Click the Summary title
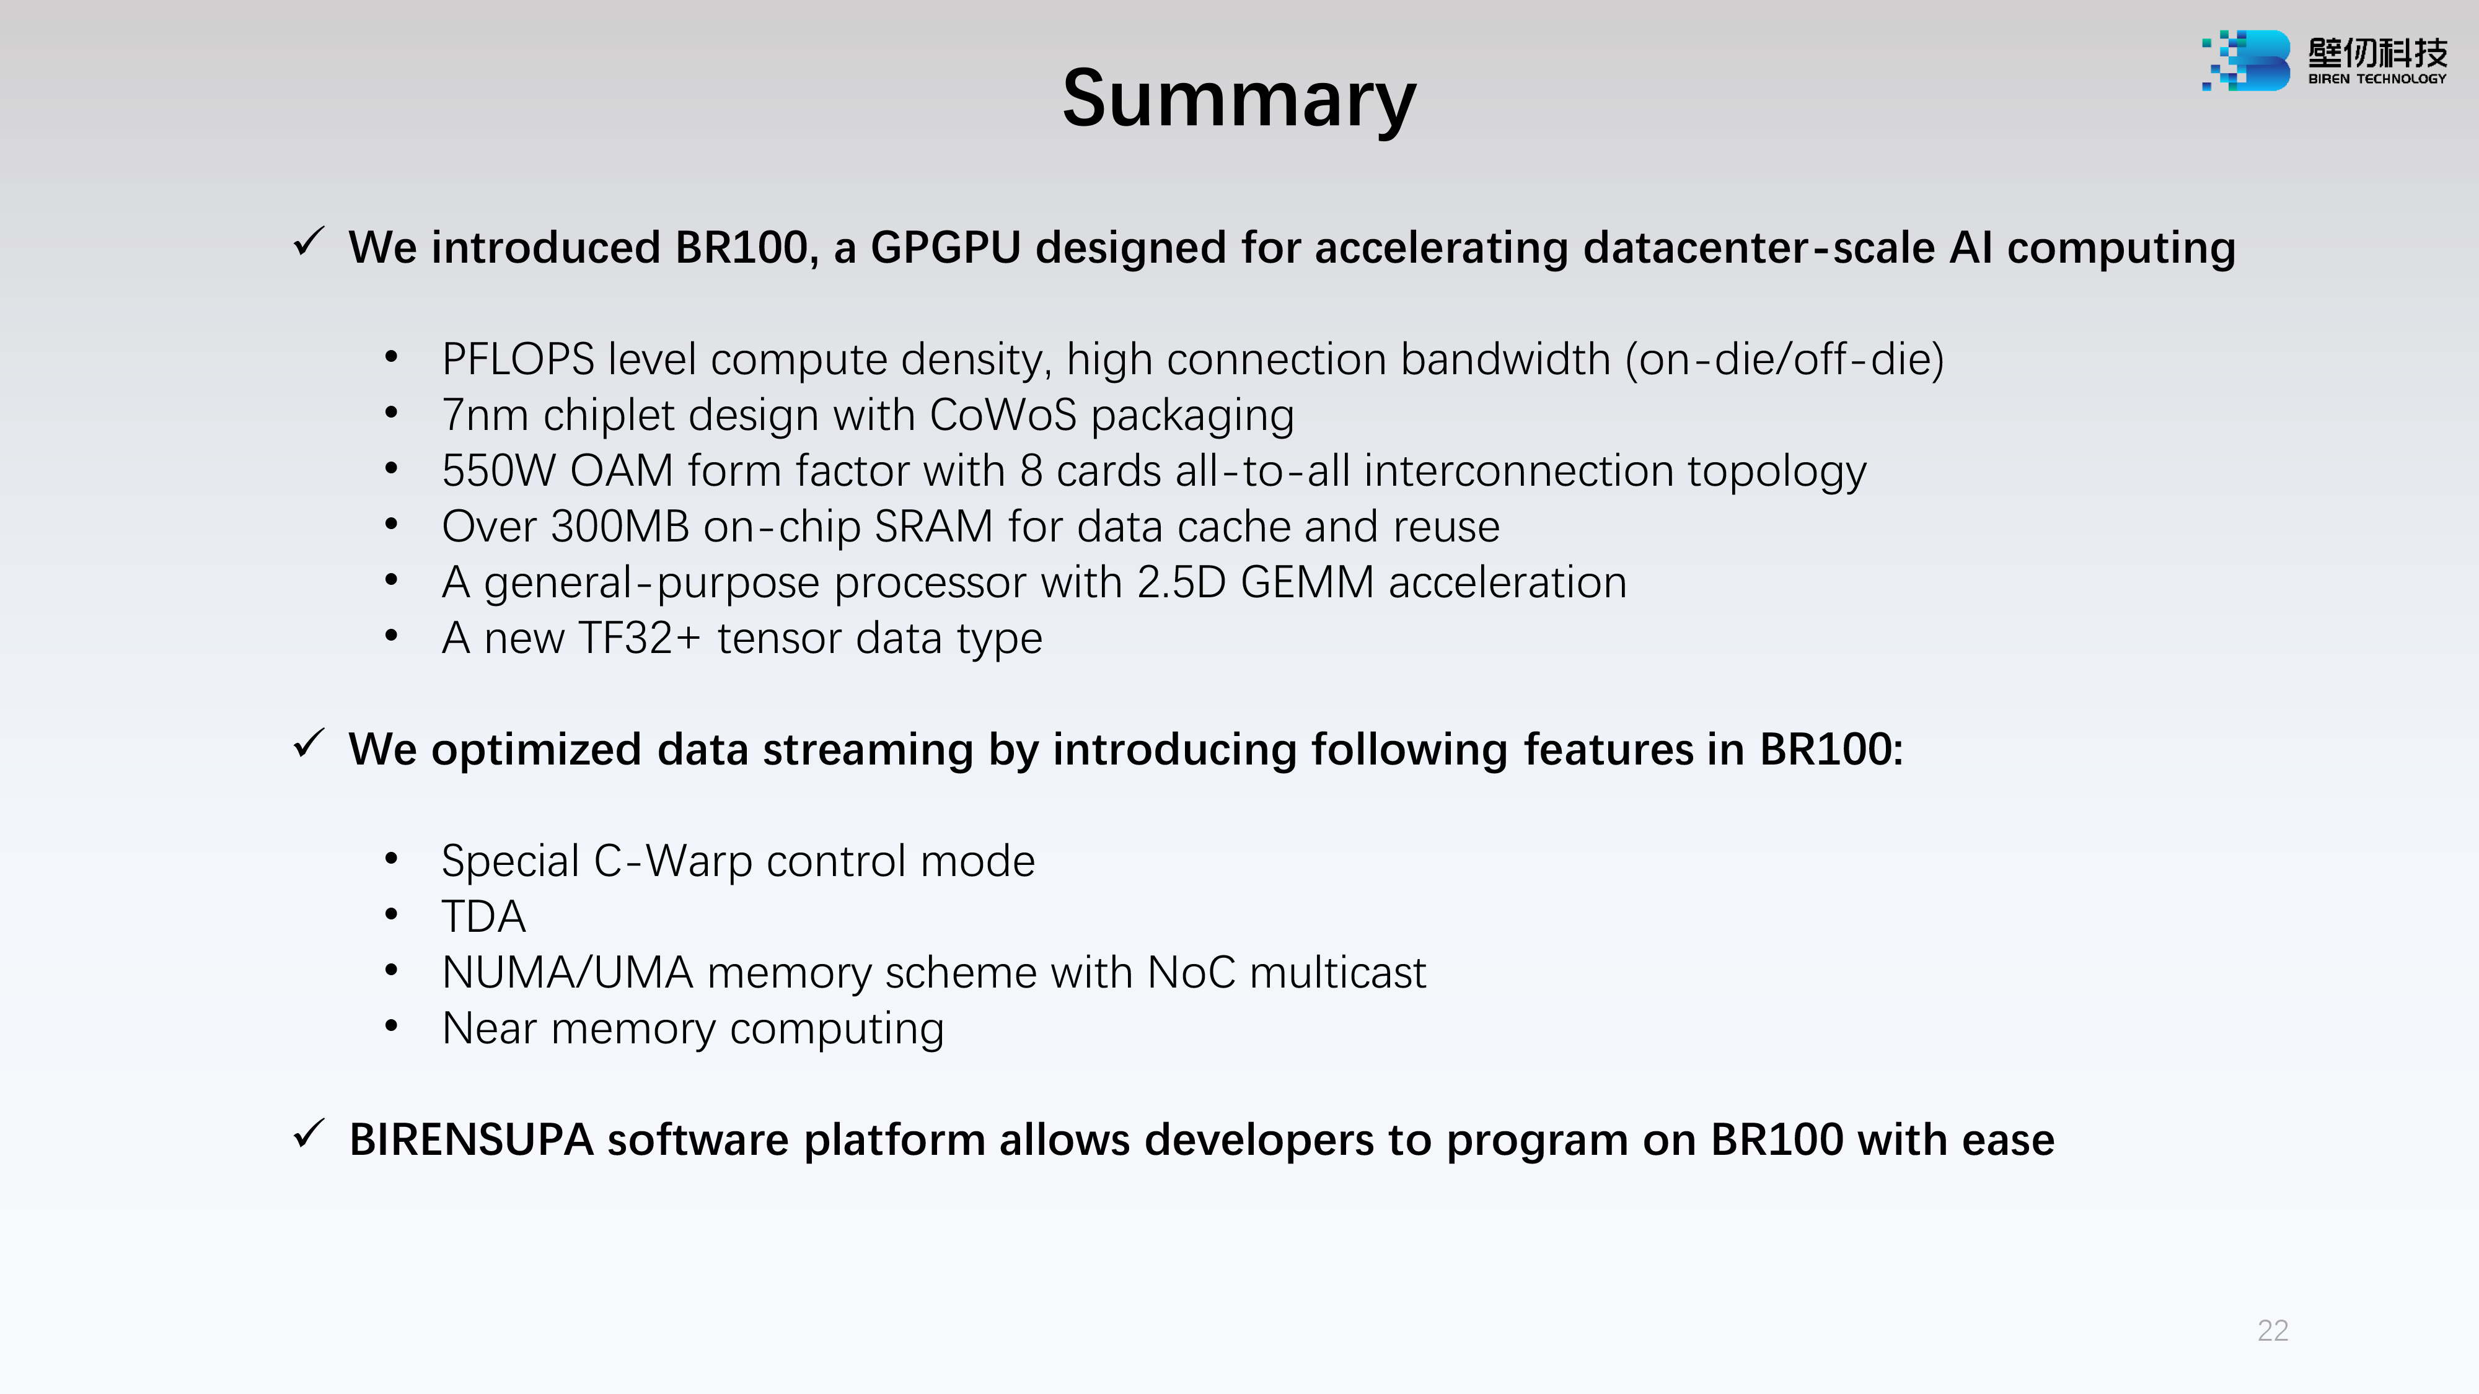1239,100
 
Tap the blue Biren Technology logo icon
2246,61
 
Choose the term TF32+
639,639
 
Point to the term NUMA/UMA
568,973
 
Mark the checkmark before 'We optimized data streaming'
309,743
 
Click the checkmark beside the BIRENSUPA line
309,1134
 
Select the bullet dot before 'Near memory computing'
390,1027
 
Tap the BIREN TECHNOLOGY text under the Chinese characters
2377,79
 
